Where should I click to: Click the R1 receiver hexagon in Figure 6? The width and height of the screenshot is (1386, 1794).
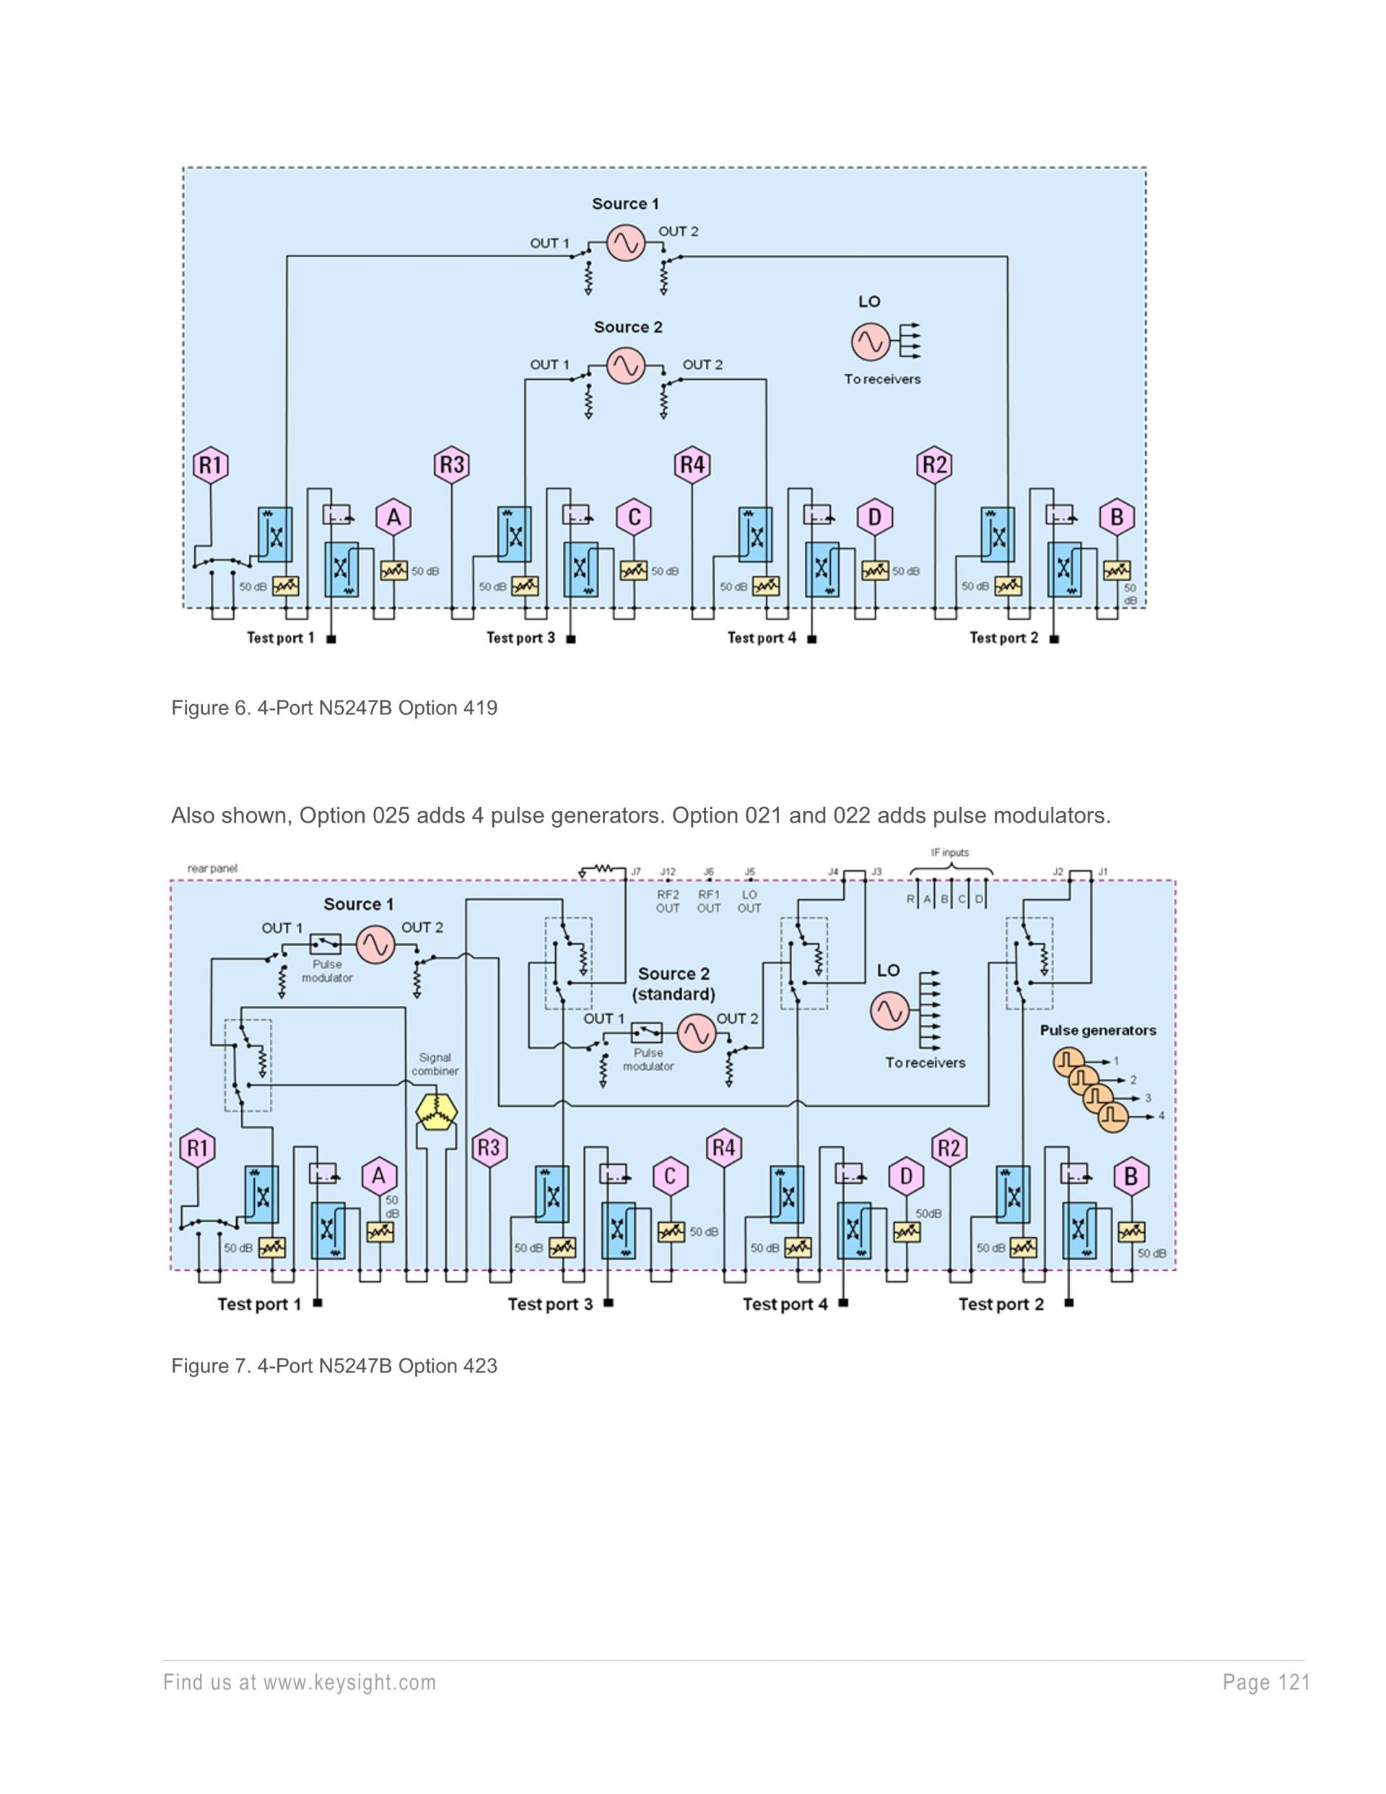(210, 465)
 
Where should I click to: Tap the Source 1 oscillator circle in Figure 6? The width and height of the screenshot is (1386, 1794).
(626, 243)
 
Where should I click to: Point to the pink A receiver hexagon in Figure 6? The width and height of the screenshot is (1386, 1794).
(393, 518)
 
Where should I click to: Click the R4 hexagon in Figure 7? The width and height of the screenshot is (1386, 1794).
(723, 1148)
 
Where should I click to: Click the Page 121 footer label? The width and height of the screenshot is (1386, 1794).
(1265, 1682)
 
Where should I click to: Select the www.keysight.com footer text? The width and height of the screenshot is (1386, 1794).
(300, 1682)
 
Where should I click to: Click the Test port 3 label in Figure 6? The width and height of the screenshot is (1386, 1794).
(520, 638)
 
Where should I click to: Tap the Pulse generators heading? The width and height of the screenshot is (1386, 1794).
(1098, 1030)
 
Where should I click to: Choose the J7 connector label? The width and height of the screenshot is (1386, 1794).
(635, 872)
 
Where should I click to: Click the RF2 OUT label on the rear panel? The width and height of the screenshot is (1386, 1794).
(668, 901)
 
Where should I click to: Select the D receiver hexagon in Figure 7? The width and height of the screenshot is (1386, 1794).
(906, 1176)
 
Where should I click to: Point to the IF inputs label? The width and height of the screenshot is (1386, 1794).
(949, 853)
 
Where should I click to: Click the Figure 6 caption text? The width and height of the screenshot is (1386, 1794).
(334, 708)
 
